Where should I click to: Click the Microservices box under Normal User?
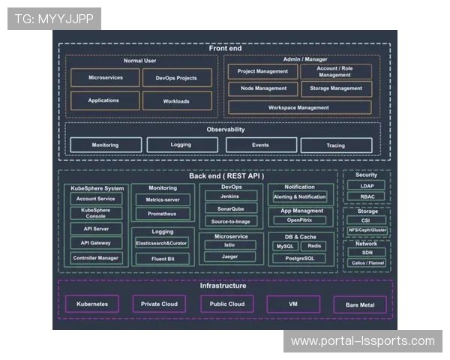105,78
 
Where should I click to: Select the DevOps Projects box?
176,78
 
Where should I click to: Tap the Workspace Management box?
299,107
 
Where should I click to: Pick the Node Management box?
262,88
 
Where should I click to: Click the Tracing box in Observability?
335,145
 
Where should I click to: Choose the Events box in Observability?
260,145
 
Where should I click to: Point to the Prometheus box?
162,214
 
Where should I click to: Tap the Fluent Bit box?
162,258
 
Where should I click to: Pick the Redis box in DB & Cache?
314,246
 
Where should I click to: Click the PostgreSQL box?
299,258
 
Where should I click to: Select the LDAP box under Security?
367,185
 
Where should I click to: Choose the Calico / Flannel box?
367,263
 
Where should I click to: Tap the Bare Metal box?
360,304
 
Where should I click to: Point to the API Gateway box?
95,243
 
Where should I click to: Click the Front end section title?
226,49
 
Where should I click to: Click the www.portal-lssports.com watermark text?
362,341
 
